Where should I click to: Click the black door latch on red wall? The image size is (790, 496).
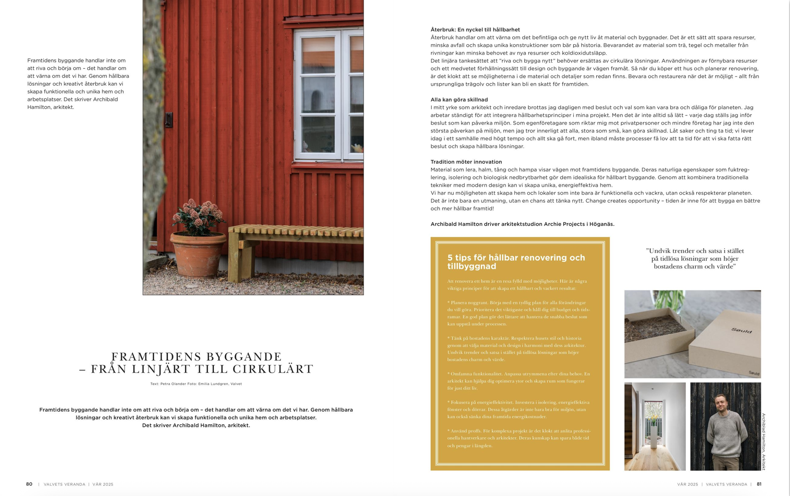[x=169, y=119]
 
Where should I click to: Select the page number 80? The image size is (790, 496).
[x=29, y=484]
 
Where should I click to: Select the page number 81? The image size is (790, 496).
[x=759, y=484]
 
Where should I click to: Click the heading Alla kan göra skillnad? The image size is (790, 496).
[x=459, y=100]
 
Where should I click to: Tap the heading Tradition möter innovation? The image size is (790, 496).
[x=466, y=162]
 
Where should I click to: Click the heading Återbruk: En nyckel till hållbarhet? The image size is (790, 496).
[x=475, y=30]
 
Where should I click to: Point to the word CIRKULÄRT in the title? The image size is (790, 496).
[x=273, y=370]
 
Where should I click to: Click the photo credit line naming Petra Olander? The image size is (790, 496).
[x=196, y=384]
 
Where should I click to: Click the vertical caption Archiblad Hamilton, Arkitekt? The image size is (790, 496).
[x=763, y=441]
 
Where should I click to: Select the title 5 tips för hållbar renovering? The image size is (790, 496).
[x=516, y=262]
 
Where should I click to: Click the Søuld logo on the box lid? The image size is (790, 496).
[x=742, y=330]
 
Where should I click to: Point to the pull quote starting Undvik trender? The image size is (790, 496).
[x=694, y=259]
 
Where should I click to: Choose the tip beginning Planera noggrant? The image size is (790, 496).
[x=518, y=313]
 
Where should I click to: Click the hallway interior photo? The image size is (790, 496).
[x=654, y=426]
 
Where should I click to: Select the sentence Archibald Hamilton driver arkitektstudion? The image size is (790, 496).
[x=522, y=224]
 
